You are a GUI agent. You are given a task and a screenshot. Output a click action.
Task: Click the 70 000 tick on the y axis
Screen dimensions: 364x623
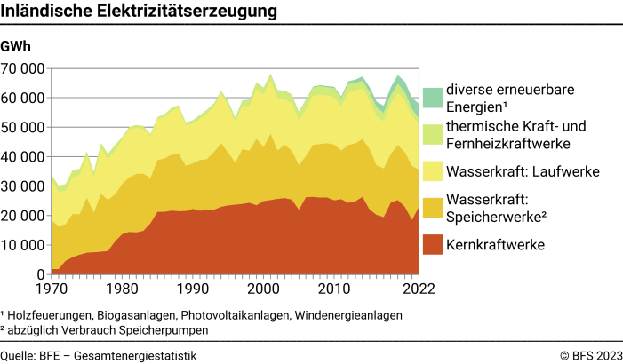coord(23,68)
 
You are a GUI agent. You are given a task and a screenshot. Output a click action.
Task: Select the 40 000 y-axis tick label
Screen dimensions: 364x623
coord(23,157)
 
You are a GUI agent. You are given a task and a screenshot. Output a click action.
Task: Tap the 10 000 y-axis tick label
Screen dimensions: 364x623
coord(23,246)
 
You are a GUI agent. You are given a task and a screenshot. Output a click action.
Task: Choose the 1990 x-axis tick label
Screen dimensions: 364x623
coord(192,289)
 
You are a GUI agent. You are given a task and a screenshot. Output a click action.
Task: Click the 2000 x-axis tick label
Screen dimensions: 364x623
coord(263,289)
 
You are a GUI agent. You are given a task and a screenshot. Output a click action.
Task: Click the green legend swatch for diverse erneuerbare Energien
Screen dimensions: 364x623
coord(433,98)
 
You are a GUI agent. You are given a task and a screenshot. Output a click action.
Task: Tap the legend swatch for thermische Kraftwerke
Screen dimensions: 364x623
coord(433,135)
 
